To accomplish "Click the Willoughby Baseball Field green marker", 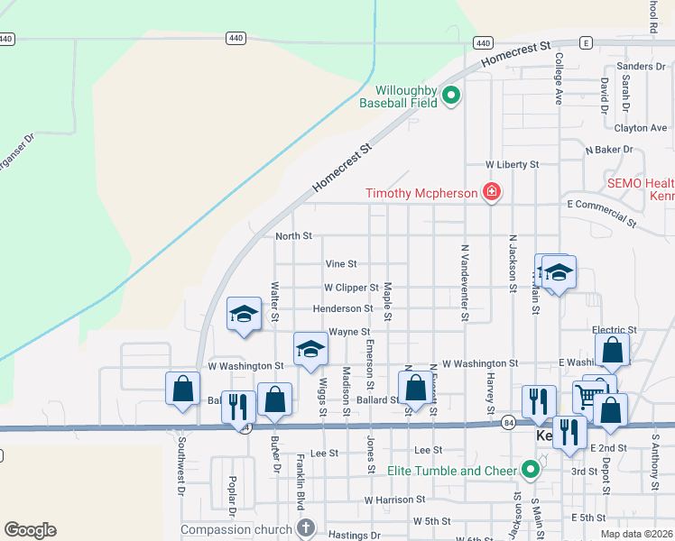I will (451, 94).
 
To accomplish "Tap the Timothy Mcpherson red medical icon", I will (491, 192).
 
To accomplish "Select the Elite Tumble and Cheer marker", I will (531, 470).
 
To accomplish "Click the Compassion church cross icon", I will (306, 529).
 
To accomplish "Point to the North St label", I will (293, 236).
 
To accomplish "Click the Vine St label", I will (341, 264).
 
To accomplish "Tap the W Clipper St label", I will (351, 288).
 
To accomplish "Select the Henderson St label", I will (343, 309).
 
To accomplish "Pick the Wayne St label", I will (349, 332).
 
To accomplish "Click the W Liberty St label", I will (512, 165).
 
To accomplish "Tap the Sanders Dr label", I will (641, 67).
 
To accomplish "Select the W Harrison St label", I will (394, 500).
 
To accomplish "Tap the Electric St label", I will (615, 331).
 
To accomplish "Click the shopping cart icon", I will (587, 395).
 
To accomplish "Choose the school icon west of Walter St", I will (244, 314).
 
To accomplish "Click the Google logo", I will (30, 530).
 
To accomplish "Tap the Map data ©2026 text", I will (635, 534).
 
